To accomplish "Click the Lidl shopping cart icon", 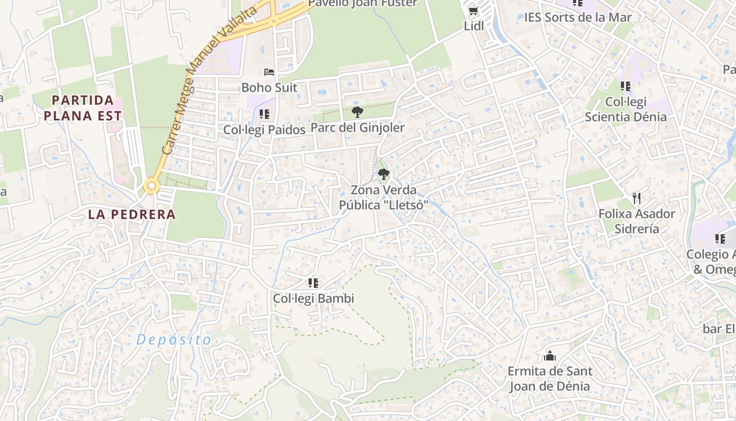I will [x=473, y=11].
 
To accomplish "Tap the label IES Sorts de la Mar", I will [x=578, y=17].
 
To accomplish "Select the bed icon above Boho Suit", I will [x=269, y=72].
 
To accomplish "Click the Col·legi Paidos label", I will [x=264, y=129].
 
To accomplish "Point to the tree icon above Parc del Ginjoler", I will [x=357, y=112].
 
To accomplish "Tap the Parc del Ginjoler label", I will [x=357, y=128].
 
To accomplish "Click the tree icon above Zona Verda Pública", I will [x=384, y=174].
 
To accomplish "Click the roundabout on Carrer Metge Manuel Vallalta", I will [x=152, y=186].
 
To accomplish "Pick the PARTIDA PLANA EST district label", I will [x=83, y=108].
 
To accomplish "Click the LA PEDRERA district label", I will [x=131, y=215].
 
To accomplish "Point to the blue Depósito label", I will [x=174, y=340].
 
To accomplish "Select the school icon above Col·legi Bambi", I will [x=313, y=283].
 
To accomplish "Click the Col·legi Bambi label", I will [x=313, y=298].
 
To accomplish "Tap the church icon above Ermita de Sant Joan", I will [x=550, y=356].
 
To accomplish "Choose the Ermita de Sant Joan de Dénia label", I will [x=550, y=378].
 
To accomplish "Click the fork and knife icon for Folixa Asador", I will [x=637, y=198].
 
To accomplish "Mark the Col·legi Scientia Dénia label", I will [x=626, y=109].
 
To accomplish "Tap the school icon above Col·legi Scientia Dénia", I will [x=625, y=86].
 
